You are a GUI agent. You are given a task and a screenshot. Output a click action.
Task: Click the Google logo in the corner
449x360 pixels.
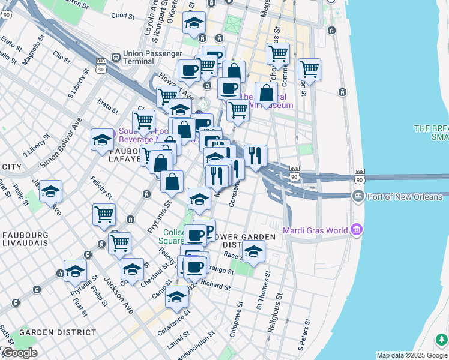[x=19, y=352]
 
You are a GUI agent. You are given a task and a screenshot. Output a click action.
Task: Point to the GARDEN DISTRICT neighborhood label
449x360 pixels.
[x=57, y=332]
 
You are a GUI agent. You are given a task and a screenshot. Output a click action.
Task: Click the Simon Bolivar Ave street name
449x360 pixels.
[x=61, y=142]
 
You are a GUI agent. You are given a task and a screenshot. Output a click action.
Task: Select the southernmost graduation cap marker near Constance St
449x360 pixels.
[x=176, y=296]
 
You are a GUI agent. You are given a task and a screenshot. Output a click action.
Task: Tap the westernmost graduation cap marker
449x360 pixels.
[x=51, y=191]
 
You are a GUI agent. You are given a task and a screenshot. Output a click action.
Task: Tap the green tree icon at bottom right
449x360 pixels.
[x=441, y=340]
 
